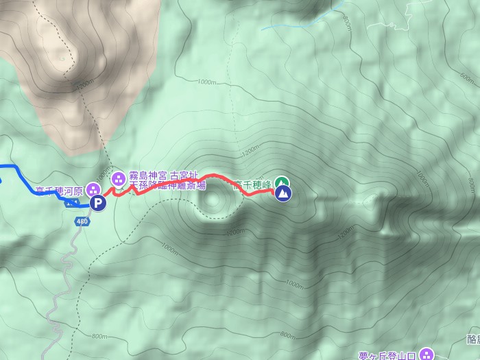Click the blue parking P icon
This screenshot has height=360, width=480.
click(99, 203)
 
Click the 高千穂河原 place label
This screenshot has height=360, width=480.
click(59, 191)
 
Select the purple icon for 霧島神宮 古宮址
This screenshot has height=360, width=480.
click(118, 179)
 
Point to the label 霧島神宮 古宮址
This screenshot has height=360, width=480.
click(163, 176)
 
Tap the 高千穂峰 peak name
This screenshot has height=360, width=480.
click(252, 184)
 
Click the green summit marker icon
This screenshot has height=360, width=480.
click(281, 182)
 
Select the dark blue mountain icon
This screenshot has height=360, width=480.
click(283, 194)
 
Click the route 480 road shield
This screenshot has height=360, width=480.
click(82, 221)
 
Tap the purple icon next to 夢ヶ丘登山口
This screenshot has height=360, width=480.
click(426, 354)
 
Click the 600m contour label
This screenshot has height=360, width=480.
click(471, 185)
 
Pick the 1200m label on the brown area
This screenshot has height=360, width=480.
click(84, 83)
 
